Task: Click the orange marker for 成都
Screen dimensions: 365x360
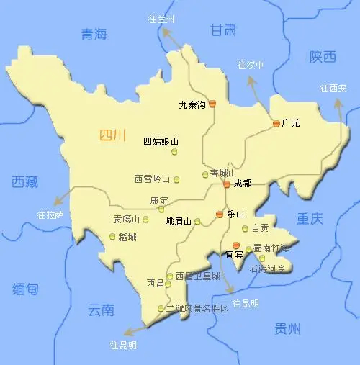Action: pyautogui.click(x=226, y=184)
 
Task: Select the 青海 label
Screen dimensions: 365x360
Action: pyautogui.click(x=94, y=34)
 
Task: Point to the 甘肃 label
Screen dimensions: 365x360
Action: pyautogui.click(x=223, y=30)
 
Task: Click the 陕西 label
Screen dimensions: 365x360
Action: pyautogui.click(x=303, y=56)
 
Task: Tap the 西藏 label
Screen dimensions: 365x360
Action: pyautogui.click(x=24, y=182)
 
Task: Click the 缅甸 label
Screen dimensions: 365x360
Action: pyautogui.click(x=25, y=289)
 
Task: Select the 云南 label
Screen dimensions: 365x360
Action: pyautogui.click(x=101, y=310)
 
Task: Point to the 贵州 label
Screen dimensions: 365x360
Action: pyautogui.click(x=287, y=329)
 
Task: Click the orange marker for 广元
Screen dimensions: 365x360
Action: pyautogui.click(x=276, y=124)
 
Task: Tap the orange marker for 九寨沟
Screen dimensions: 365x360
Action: pyautogui.click(x=212, y=104)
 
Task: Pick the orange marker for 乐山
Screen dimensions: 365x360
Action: pyautogui.click(x=220, y=215)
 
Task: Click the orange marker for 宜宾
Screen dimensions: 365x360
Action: pyautogui.click(x=235, y=246)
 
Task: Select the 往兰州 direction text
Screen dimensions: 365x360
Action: pyautogui.click(x=161, y=19)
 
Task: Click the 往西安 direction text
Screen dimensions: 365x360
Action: pyautogui.click(x=333, y=88)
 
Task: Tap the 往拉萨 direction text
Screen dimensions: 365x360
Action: pyautogui.click(x=50, y=215)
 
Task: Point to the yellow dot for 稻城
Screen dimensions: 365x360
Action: pyautogui.click(x=112, y=236)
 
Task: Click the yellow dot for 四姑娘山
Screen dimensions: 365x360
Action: pyautogui.click(x=174, y=151)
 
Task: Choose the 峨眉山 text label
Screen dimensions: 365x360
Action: pyautogui.click(x=178, y=222)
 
